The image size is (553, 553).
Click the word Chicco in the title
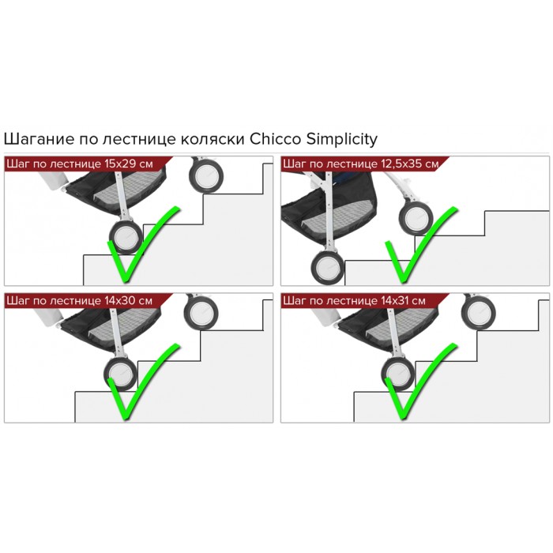[x=274, y=139]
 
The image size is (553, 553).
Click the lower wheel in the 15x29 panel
[x=125, y=235]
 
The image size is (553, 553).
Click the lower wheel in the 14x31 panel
[x=397, y=372]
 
